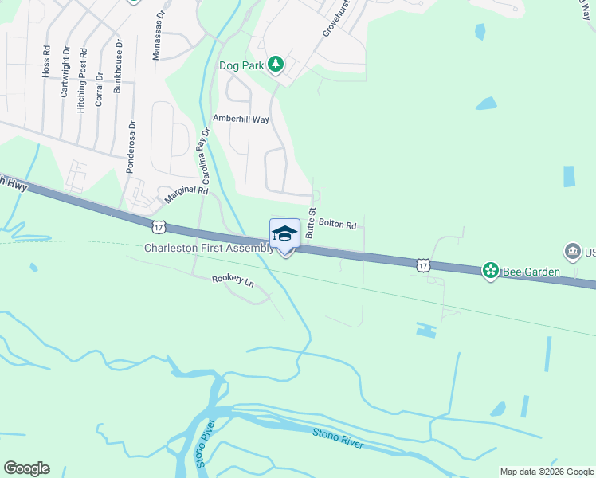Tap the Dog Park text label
pos(241,65)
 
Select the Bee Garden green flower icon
pos(490,272)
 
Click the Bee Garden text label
pos(531,272)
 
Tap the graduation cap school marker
pos(284,233)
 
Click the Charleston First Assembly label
pos(209,248)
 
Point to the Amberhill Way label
pos(241,119)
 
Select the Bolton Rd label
pos(336,225)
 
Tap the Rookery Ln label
pos(233,280)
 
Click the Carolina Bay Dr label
pos(205,157)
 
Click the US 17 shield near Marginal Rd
pos(159,227)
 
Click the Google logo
pos(26,468)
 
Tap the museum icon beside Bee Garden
pos(572,253)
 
